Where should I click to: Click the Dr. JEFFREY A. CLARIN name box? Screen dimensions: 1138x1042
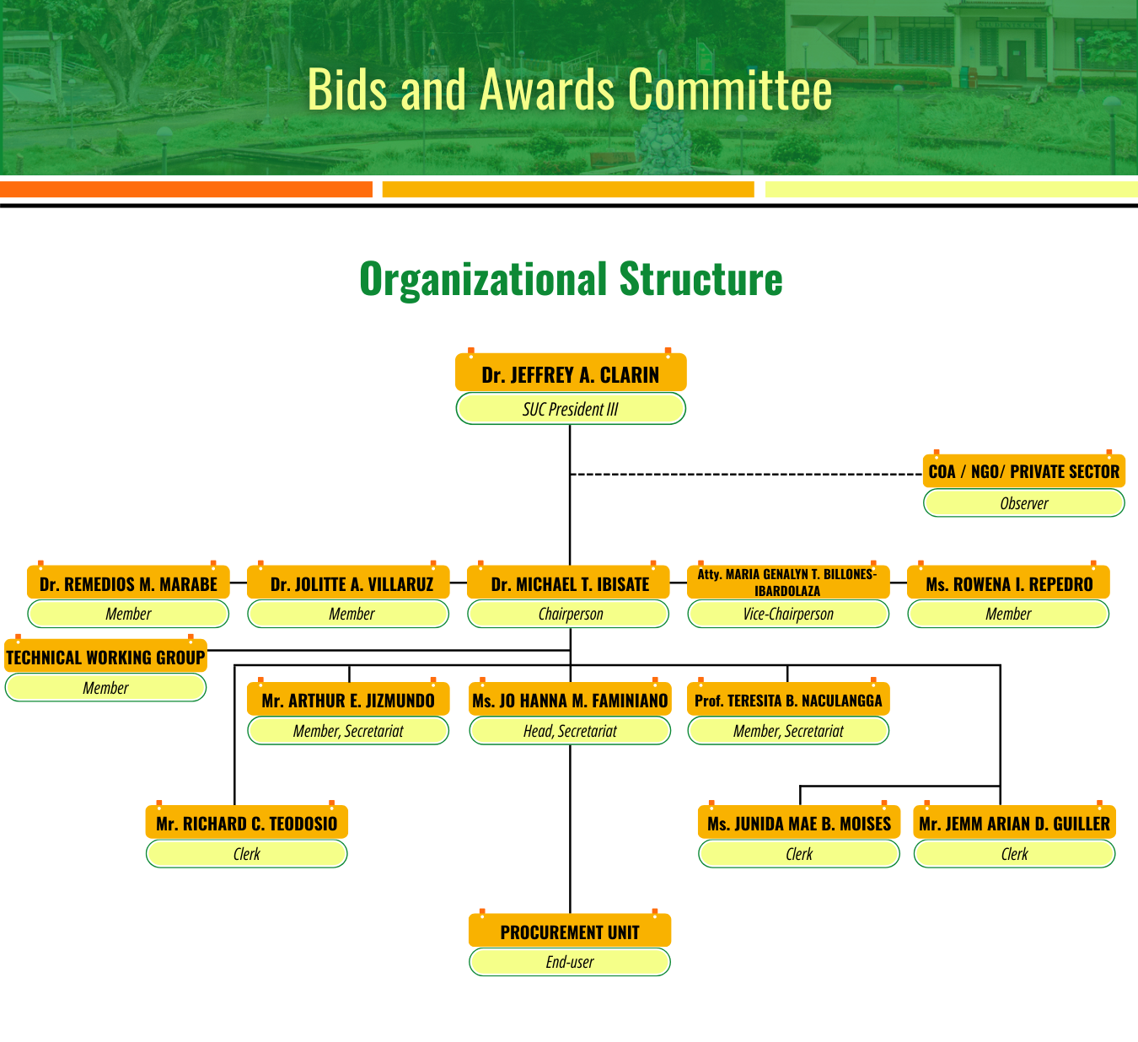pyautogui.click(x=571, y=373)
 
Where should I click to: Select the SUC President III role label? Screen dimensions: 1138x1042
pyautogui.click(x=571, y=409)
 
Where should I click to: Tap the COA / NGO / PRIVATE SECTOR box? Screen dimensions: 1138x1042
pyautogui.click(x=1024, y=470)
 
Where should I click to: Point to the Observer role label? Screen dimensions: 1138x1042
pyautogui.click(x=1024, y=502)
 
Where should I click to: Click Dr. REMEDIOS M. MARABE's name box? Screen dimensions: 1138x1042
pyautogui.click(x=128, y=583)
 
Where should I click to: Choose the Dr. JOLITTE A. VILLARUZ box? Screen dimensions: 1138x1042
pyautogui.click(x=348, y=583)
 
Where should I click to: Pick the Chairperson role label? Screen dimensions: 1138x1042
pyautogui.click(x=568, y=614)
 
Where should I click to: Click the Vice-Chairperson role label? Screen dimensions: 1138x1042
pyautogui.click(x=788, y=614)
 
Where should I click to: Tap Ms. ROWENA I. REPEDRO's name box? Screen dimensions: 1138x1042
pyautogui.click(x=1009, y=583)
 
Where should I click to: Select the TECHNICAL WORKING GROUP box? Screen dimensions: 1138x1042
pyautogui.click(x=105, y=656)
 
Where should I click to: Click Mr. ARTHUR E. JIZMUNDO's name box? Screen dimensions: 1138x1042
pyautogui.click(x=348, y=699)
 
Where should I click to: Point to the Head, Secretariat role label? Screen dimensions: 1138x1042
pyautogui.click(x=570, y=730)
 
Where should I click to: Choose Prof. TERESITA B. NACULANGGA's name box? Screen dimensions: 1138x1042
pyautogui.click(x=788, y=699)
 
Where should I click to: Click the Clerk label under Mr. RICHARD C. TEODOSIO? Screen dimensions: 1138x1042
pyautogui.click(x=247, y=853)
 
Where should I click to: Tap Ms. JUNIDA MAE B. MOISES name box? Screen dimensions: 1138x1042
pyautogui.click(x=799, y=822)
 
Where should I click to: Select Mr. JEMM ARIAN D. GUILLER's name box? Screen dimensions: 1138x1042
pyautogui.click(x=1014, y=822)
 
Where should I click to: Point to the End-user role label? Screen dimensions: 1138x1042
pyautogui.click(x=570, y=961)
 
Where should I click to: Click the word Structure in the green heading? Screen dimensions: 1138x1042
pyautogui.click(x=701, y=278)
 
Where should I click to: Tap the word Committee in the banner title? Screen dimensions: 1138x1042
pyautogui.click(x=730, y=89)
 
